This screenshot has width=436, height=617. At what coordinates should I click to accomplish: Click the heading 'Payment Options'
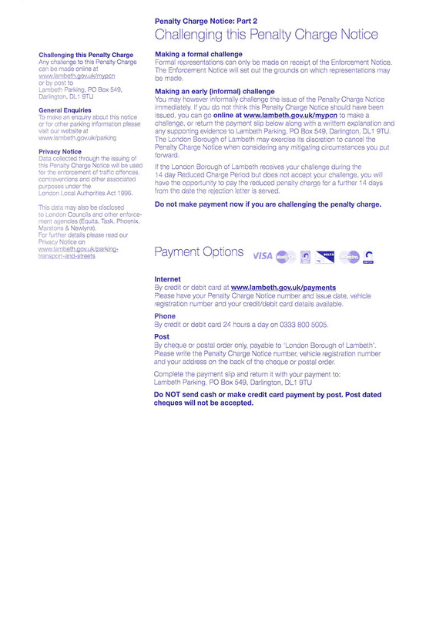coord(199,253)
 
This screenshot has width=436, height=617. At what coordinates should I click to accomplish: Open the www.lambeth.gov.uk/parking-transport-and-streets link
coord(78,251)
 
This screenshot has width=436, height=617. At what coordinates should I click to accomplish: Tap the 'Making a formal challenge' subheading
coord(199,54)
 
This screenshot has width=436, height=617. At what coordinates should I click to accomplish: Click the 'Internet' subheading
coord(167,278)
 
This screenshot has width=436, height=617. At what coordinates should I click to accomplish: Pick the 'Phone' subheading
coord(165,316)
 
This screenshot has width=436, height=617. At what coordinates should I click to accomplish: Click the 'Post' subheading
coord(162,336)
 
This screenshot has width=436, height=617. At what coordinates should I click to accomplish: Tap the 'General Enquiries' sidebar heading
coord(66,110)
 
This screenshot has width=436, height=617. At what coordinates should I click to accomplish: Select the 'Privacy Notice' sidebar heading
coord(59,152)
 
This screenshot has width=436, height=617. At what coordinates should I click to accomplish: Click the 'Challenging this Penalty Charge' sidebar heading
coord(86,56)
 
